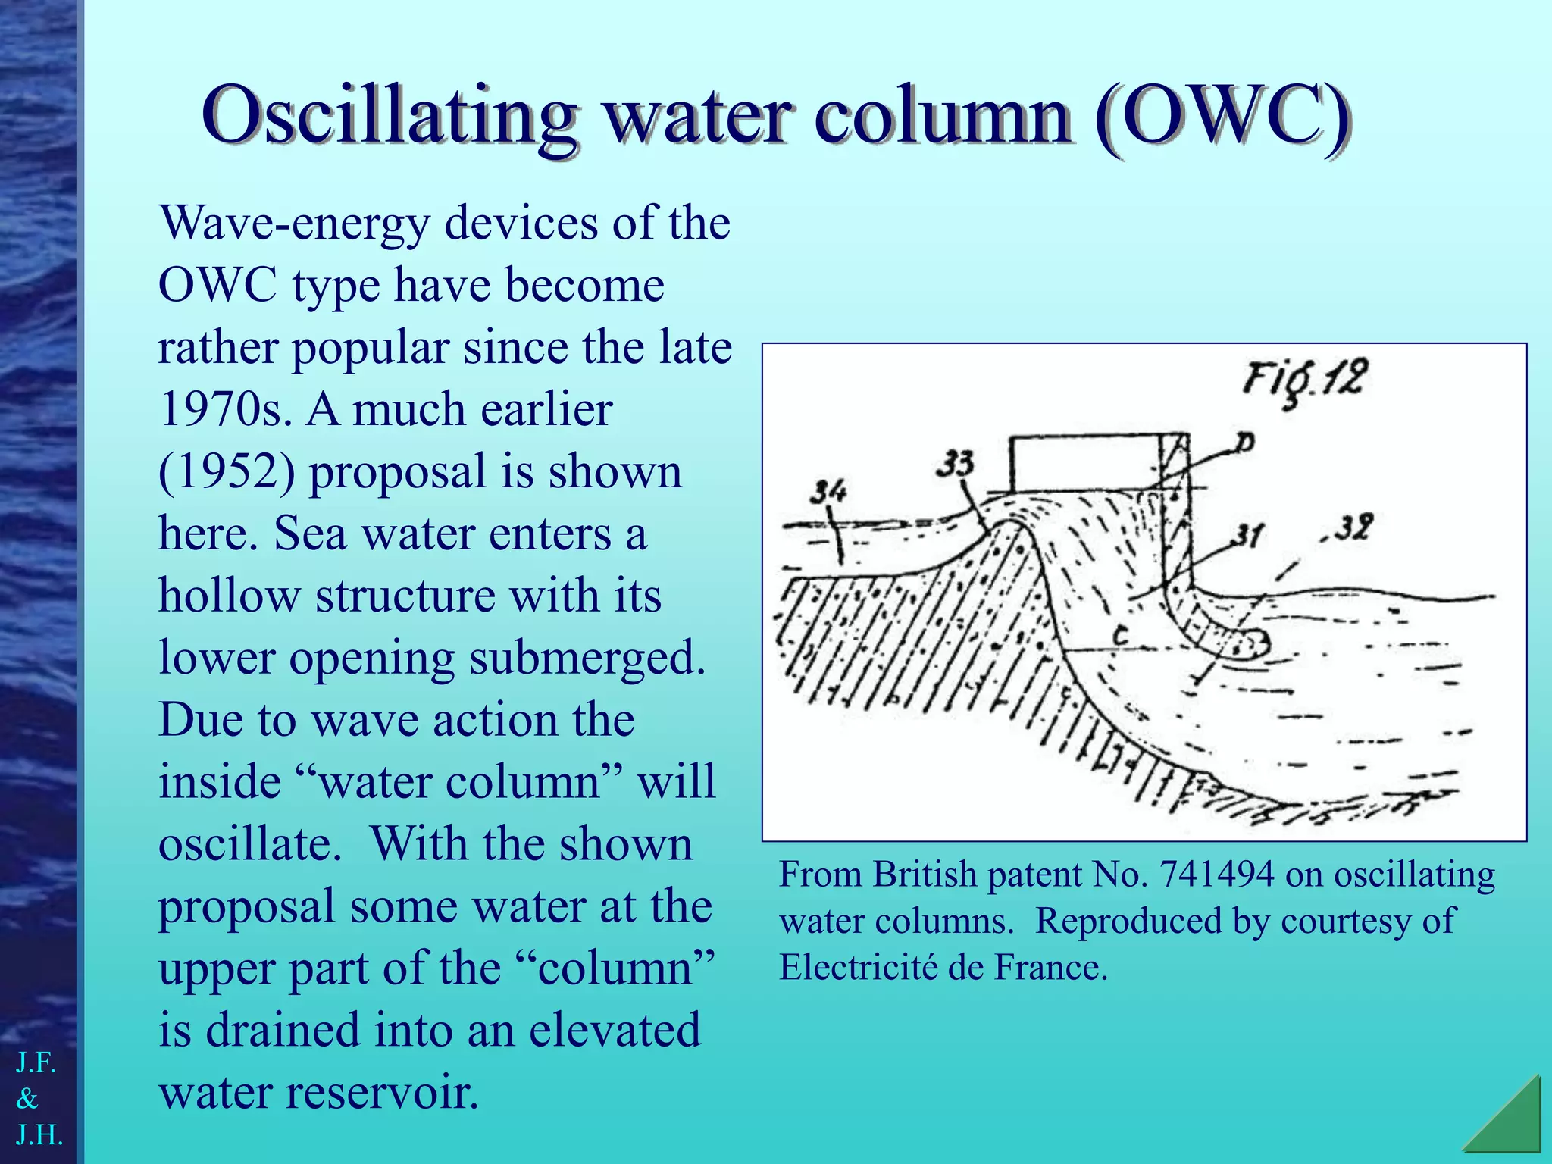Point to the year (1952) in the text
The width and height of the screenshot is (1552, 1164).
(x=227, y=471)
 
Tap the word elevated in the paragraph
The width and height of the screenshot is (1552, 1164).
(x=615, y=1031)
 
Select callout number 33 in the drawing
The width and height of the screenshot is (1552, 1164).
(x=954, y=463)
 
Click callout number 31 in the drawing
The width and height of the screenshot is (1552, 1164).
(x=1247, y=536)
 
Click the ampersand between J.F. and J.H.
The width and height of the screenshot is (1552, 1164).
(x=27, y=1098)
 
